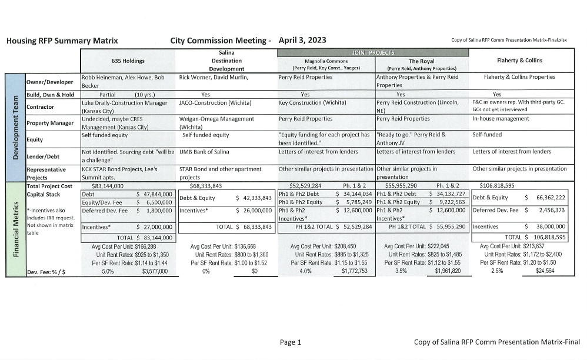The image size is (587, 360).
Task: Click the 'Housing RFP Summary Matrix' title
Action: tap(62, 41)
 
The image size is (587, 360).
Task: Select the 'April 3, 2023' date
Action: tap(303, 40)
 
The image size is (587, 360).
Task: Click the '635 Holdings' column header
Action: tap(128, 60)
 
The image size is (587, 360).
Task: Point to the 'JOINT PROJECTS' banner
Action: tap(373, 52)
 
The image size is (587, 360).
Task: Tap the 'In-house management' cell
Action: tap(501, 118)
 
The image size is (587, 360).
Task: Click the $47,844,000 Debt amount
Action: tap(154, 194)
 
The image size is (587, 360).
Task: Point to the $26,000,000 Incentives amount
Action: tap(254, 210)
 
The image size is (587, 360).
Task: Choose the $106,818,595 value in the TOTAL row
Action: tap(545, 237)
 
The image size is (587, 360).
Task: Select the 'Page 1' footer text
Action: tap(291, 342)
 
